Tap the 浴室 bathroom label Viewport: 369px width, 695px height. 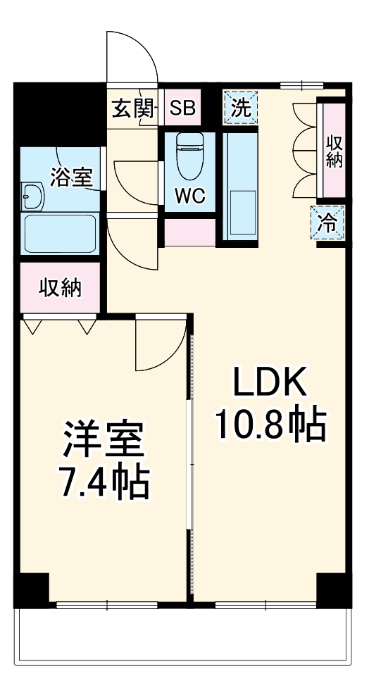pos(70,177)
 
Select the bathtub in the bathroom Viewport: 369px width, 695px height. pos(60,233)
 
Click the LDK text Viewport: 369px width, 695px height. pos(270,385)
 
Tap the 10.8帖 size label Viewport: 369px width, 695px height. pos(270,424)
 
